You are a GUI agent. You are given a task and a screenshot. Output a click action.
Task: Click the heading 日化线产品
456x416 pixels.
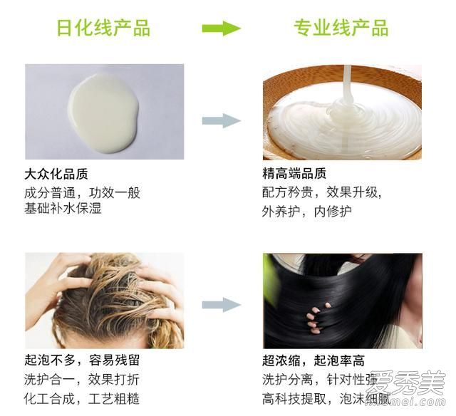coord(103,28)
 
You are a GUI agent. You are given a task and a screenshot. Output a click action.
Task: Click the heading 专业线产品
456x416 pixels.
coord(341,28)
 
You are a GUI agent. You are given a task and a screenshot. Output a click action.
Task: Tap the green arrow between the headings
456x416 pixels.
coord(221,28)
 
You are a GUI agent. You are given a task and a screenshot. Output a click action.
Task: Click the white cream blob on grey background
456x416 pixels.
coord(103,113)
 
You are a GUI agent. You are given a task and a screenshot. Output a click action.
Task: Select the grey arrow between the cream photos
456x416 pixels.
coord(221,120)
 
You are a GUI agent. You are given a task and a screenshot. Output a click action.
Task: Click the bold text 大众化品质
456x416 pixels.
coord(56,175)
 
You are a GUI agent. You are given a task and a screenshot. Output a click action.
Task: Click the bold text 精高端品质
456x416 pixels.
coord(294,175)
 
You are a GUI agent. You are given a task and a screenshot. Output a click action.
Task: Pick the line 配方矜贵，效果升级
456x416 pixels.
coord(323,193)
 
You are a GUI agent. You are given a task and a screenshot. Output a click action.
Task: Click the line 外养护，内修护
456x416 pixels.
coord(306,212)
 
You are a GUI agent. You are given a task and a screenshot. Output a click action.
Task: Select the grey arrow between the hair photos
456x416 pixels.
coord(221,305)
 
